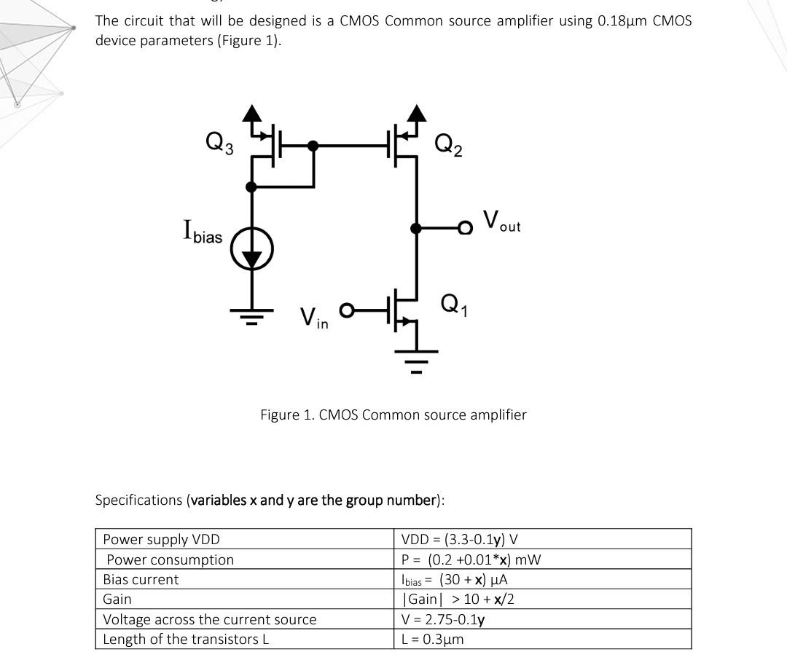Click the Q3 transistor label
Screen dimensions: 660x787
[219, 142]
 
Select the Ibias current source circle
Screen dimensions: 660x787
[252, 249]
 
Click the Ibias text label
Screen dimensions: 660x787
[203, 232]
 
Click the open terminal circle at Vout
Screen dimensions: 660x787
[465, 229]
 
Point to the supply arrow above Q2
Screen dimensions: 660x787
[417, 113]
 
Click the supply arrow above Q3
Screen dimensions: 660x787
[252, 113]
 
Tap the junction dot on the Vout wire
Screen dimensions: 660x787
[417, 229]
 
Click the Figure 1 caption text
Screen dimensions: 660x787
[393, 415]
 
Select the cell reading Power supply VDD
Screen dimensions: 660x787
[161, 539]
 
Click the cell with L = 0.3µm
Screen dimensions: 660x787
[433, 639]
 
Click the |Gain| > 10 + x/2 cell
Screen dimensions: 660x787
[458, 599]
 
